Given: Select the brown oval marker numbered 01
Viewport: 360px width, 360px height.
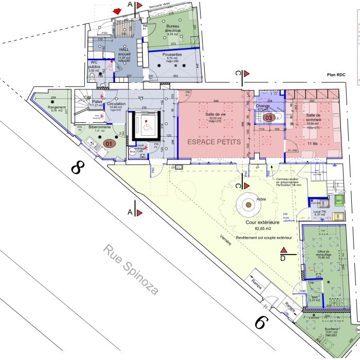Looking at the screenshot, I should [x=108, y=143].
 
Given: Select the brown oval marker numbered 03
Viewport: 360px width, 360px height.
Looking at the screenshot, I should [x=268, y=117].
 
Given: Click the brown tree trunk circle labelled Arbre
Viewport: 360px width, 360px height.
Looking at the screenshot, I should [x=248, y=205].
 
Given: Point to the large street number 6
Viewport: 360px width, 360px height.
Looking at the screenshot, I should [x=262, y=322].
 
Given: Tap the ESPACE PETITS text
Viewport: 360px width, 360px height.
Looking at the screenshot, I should [x=213, y=141].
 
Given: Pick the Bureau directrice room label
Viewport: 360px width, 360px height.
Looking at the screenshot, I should [x=173, y=30].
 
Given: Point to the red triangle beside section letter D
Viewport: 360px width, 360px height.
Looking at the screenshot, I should [x=284, y=250].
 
